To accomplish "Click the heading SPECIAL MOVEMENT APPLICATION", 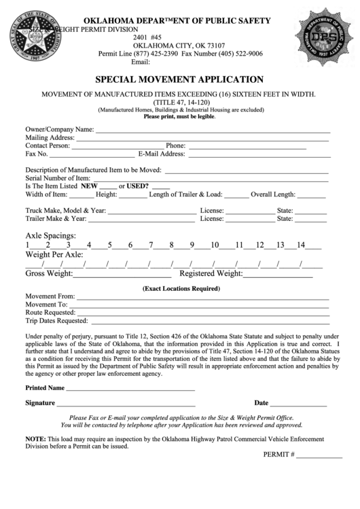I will click(x=179, y=80).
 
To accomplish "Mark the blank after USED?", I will click(x=161, y=187).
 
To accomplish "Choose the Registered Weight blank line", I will click(x=278, y=275).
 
